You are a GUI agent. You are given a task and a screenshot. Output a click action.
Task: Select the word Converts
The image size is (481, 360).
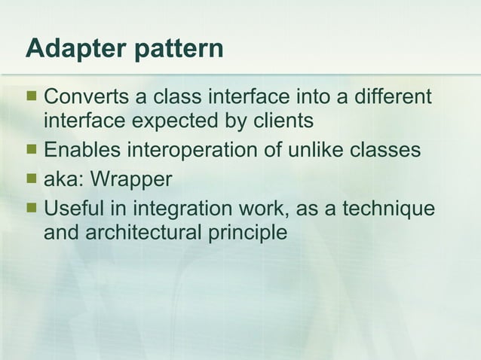tap(87, 97)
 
